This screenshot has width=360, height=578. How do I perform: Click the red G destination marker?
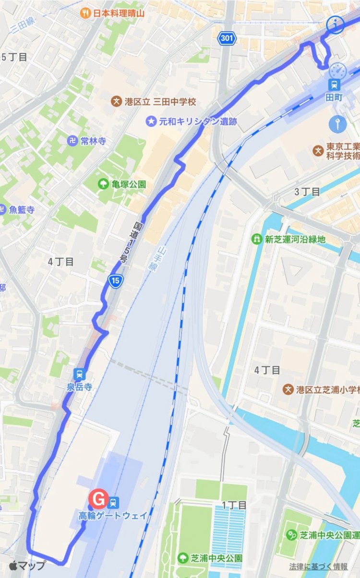tap(99, 499)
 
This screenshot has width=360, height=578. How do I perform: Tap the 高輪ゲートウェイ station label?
tap(113, 516)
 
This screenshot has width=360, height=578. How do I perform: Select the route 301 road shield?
tap(226, 38)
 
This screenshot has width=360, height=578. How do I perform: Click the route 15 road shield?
tap(116, 281)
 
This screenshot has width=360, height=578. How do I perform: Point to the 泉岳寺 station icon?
tap(79, 373)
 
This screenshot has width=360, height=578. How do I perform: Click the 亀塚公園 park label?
tap(128, 184)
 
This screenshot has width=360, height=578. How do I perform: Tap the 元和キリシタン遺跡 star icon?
tap(152, 121)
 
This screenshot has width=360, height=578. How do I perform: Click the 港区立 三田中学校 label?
tap(160, 102)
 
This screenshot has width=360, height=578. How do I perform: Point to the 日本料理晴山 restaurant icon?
tap(86, 13)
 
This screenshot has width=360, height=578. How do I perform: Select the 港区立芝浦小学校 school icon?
tap(288, 389)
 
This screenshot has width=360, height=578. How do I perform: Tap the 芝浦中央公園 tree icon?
tap(183, 558)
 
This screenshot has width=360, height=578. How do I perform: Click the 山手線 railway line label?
tap(153, 259)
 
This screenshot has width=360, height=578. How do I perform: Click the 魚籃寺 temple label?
tap(22, 209)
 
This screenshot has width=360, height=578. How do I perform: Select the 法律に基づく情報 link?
tap(318, 566)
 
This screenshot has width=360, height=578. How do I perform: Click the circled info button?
tap(336, 25)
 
